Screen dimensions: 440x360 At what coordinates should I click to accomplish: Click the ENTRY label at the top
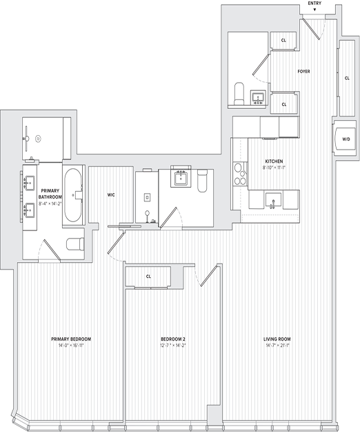point(314,3)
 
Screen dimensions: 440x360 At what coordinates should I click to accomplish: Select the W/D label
point(346,139)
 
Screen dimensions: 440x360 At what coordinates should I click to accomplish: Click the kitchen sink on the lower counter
point(273,201)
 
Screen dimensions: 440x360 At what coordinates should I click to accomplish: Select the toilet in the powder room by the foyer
point(239,93)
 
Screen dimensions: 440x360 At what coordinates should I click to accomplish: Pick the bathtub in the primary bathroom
point(72,194)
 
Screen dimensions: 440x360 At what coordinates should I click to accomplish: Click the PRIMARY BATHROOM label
point(51,194)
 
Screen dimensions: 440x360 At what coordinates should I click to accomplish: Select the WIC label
point(110,195)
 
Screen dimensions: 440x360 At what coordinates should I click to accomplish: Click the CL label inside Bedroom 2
point(148,277)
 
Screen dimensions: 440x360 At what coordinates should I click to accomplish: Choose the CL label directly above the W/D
point(347,77)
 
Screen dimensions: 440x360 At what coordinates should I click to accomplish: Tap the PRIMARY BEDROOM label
point(72,339)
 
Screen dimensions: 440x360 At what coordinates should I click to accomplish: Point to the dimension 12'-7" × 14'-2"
point(173,346)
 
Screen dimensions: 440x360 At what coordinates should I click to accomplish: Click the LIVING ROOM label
point(279,339)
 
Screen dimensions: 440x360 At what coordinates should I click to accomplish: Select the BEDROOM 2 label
point(173,339)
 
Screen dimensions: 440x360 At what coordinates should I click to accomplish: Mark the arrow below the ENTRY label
point(314,10)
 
